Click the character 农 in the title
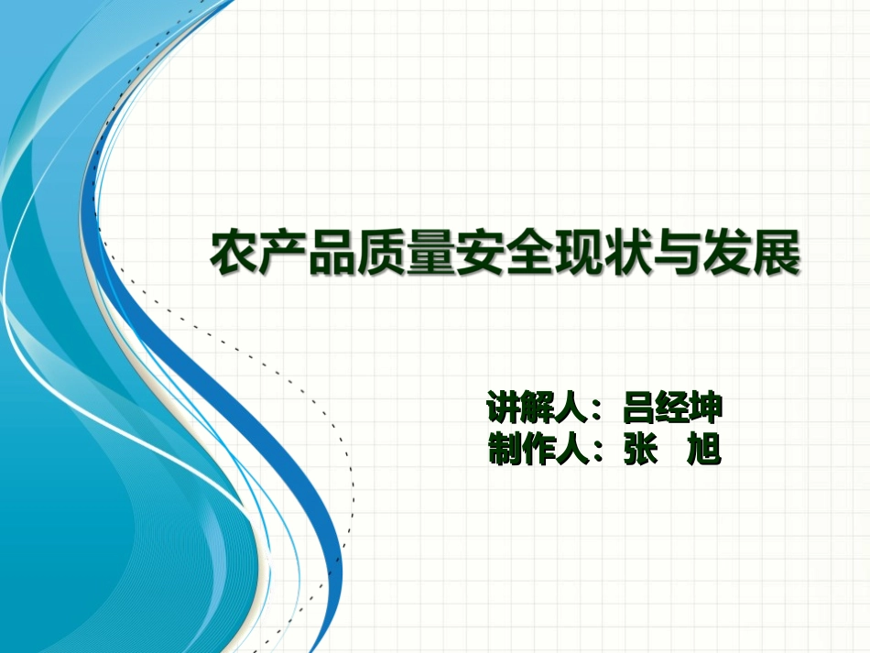pyautogui.click(x=234, y=255)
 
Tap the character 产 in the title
pyautogui.click(x=284, y=255)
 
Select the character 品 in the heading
pyautogui.click(x=333, y=255)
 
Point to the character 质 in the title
pyautogui.click(x=383, y=255)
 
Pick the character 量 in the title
pyautogui.click(x=432, y=255)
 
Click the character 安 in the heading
pyautogui.click(x=482, y=255)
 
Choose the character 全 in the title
pyautogui.click(x=531, y=255)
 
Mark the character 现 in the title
pyautogui.click(x=581, y=255)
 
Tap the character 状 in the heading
pyautogui.click(x=630, y=255)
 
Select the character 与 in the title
pyautogui.click(x=680, y=255)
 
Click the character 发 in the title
pyautogui.click(x=729, y=255)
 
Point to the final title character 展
pyautogui.click(x=778, y=255)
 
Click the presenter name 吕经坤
pyautogui.click(x=672, y=407)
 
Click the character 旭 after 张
pyautogui.click(x=705, y=450)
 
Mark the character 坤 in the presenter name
pyautogui.click(x=706, y=407)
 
